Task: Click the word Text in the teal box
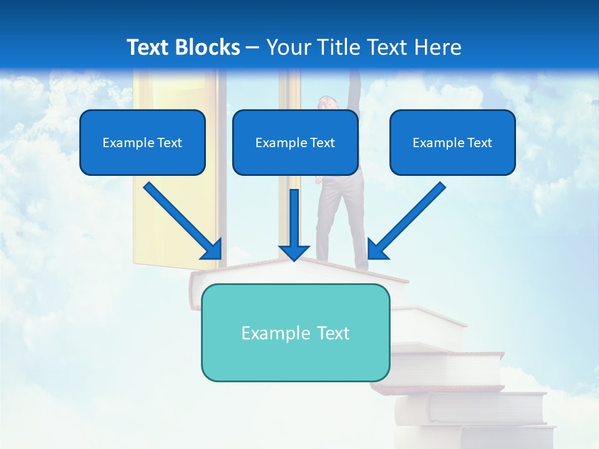pyautogui.click(x=333, y=333)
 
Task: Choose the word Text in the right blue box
pyautogui.click(x=479, y=143)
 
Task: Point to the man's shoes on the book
pyautogui.click(x=362, y=267)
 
